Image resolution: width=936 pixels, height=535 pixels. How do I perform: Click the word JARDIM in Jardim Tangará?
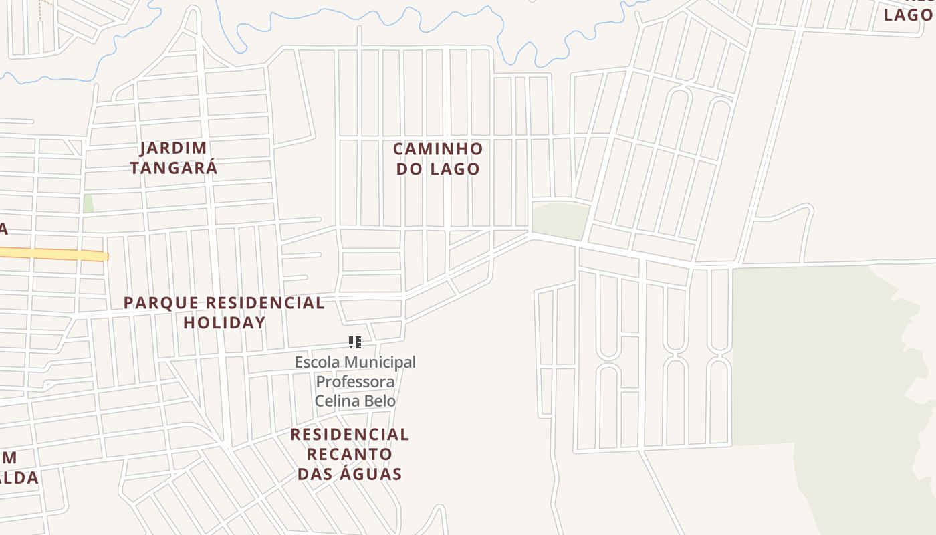tap(173, 148)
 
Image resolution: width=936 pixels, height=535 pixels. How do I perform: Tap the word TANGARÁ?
tap(174, 167)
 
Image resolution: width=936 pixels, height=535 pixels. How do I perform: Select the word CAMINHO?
tap(438, 148)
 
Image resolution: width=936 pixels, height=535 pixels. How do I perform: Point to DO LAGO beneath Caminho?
tap(438, 169)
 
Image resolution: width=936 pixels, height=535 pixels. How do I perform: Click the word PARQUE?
tap(161, 303)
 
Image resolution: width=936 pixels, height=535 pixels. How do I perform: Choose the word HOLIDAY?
tap(225, 322)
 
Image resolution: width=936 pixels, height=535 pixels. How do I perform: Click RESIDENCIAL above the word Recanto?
tap(350, 435)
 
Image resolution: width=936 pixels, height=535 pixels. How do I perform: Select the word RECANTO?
tap(350, 454)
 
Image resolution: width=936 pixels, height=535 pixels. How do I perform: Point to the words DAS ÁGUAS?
tap(350, 474)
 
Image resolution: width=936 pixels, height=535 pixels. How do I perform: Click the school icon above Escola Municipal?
tap(355, 343)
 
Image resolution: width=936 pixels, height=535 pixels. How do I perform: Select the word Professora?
tap(355, 382)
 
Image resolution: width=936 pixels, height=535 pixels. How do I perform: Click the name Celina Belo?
tap(355, 401)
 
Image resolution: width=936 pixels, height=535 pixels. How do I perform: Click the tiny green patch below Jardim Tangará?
tap(88, 204)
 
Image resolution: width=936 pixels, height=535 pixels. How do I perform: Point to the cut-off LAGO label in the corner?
tap(907, 15)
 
